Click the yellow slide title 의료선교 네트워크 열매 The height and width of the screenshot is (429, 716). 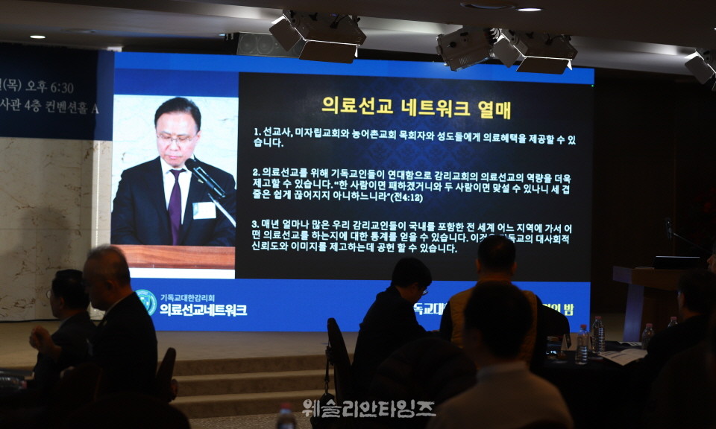tap(416, 107)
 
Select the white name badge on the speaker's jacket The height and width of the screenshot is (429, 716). tap(204, 210)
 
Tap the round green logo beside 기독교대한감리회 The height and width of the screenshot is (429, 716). tap(146, 301)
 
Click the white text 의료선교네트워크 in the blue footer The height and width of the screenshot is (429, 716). tap(203, 310)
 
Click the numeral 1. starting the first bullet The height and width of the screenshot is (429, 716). tap(257, 130)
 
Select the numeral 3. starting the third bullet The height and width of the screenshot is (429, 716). tap(255, 223)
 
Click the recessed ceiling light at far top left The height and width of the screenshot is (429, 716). tap(37, 36)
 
